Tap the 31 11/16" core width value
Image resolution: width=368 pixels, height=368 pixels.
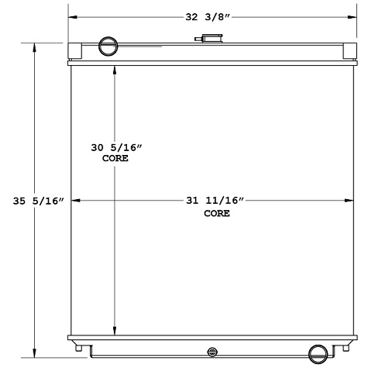pyautogui.click(x=215, y=201)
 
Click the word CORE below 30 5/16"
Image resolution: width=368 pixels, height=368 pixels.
pyautogui.click(x=115, y=158)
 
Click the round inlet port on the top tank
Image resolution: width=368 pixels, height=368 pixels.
pyautogui.click(x=108, y=46)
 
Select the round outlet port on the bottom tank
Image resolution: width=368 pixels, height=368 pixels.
pyautogui.click(x=318, y=353)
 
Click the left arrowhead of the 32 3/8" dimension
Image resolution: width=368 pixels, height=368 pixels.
pyautogui.click(x=72, y=16)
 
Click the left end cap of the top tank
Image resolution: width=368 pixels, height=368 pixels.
pyautogui.click(x=75, y=53)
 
